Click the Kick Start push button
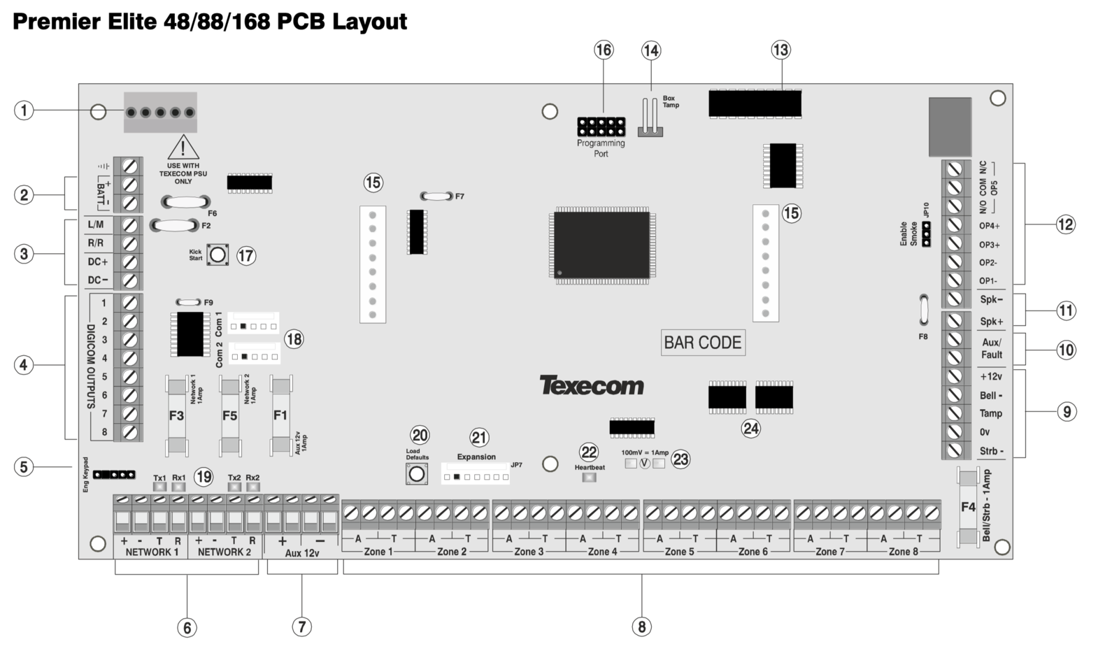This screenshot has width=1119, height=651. [218, 255]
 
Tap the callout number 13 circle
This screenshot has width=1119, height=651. [781, 50]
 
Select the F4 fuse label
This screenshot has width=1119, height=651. [968, 507]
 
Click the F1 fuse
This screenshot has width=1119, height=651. [280, 416]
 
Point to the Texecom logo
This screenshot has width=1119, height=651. [592, 385]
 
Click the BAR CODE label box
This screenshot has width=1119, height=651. [703, 342]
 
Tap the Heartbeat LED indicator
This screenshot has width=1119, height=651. [590, 477]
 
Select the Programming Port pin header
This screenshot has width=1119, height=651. [601, 127]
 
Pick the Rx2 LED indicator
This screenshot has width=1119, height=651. [252, 487]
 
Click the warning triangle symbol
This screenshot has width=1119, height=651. [183, 148]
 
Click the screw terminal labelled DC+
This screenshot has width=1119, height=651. [130, 262]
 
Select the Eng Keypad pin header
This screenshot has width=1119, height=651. [115, 474]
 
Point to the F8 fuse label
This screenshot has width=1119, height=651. [923, 337]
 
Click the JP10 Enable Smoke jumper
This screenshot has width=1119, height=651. [926, 234]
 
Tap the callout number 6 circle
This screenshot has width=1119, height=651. [187, 627]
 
